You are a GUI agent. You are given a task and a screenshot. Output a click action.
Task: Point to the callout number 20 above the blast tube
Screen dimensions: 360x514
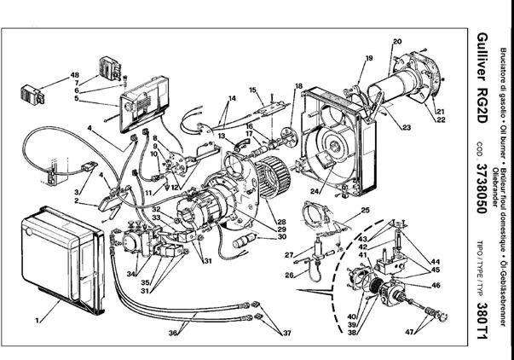pos(396,41)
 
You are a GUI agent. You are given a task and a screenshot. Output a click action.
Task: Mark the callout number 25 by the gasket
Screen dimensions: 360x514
pos(365,210)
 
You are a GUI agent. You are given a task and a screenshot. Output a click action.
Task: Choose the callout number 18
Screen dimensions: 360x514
pos(298,87)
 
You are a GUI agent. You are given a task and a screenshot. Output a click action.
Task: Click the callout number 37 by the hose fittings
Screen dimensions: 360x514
pos(286,332)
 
